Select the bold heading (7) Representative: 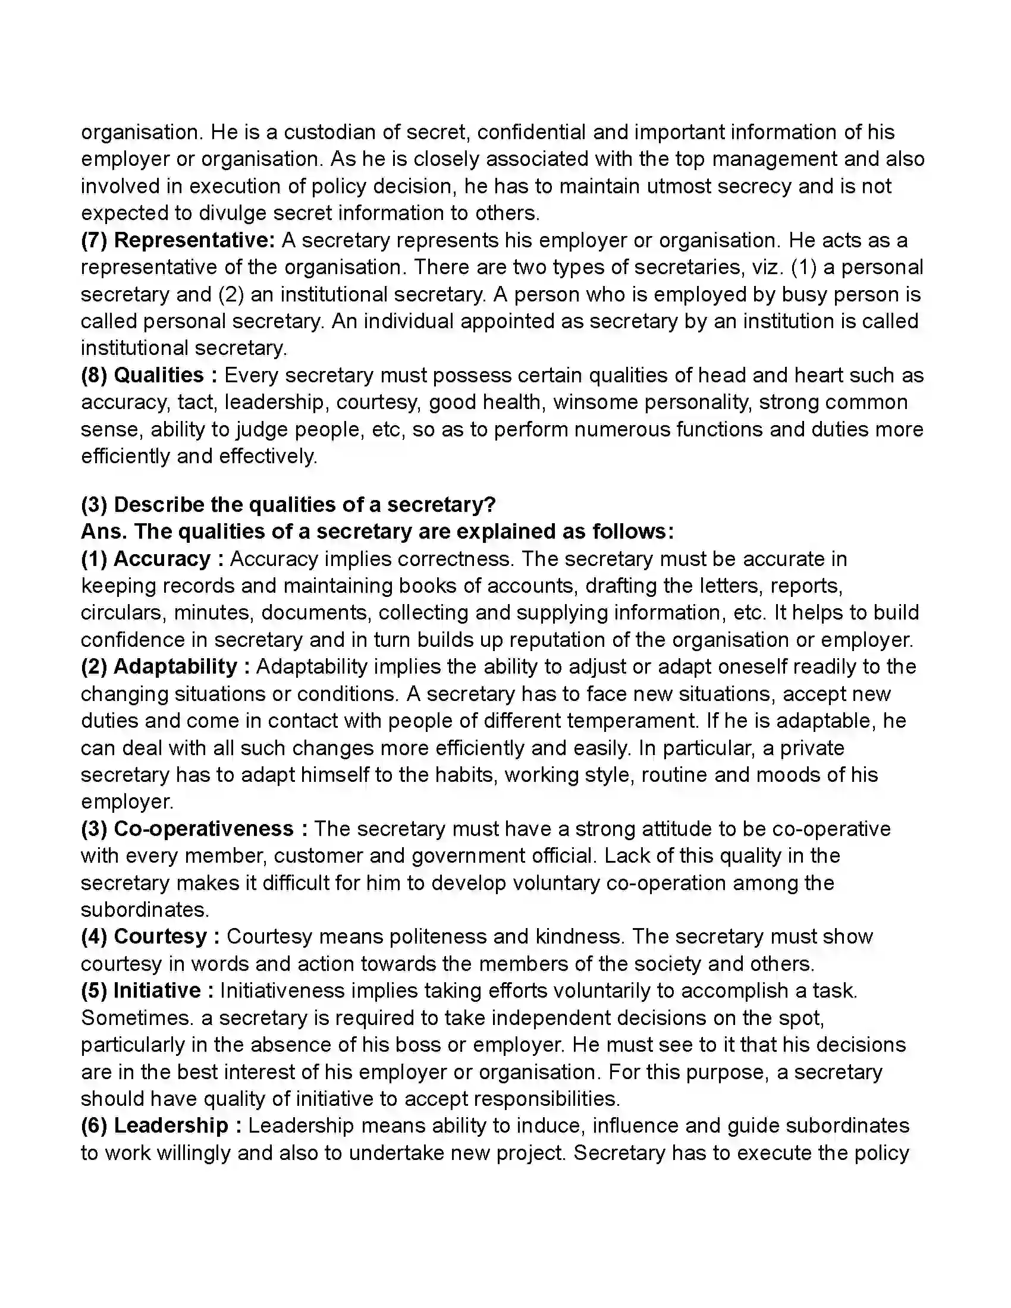[178, 240]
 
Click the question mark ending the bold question [491, 505]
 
